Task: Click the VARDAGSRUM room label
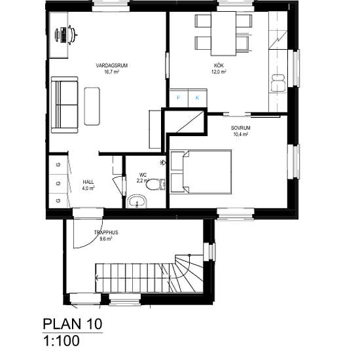coord(111,65)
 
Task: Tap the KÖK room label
coord(219,65)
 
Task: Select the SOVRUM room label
coord(240,128)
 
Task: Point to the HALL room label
coord(88,182)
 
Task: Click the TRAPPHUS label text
coord(106,232)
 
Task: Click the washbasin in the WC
coord(137,202)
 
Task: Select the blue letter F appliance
coord(179,98)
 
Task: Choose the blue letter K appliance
coord(197,98)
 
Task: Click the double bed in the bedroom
coord(200,171)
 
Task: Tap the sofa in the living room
coord(65,105)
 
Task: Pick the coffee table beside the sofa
coord(92,106)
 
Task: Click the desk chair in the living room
coord(71,35)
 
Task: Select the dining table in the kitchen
coord(223,33)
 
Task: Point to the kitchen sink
coord(278,82)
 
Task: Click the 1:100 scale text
coord(62,341)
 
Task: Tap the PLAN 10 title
coord(73,324)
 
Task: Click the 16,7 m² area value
coord(111,72)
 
